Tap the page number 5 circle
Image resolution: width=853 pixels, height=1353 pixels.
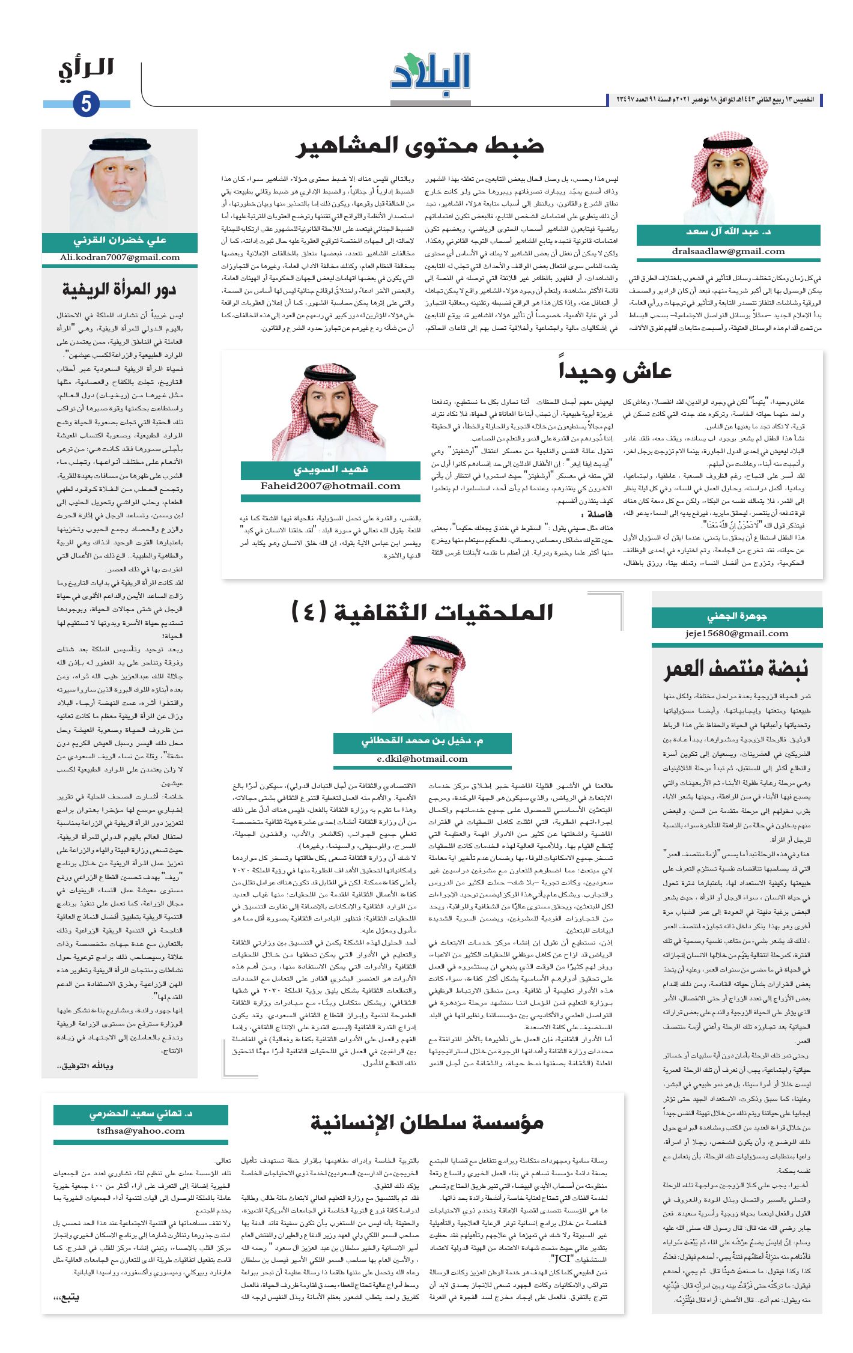tap(86, 104)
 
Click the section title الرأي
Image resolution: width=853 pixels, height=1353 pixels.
tap(87, 68)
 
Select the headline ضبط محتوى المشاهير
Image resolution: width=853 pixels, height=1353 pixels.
tap(420, 146)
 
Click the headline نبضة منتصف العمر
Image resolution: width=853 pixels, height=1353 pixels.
tap(736, 669)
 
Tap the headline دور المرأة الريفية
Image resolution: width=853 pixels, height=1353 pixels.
tap(119, 290)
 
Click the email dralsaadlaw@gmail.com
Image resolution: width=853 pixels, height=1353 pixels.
tap(728, 252)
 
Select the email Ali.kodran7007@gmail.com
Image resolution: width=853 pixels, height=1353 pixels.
tap(120, 258)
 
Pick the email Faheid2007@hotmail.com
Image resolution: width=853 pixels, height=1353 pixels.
tap(330, 486)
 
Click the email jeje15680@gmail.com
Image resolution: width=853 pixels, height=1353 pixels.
tap(736, 633)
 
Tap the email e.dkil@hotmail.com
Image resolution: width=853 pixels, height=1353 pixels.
tap(422, 759)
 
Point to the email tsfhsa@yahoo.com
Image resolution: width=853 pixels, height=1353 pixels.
tap(141, 1131)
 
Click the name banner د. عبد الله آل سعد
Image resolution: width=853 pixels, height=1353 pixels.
tap(728, 232)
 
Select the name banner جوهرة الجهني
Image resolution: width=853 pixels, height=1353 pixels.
tap(736, 616)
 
